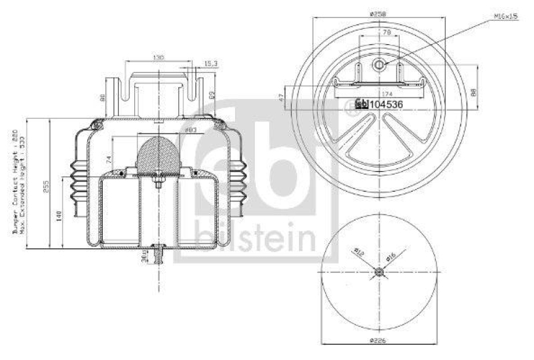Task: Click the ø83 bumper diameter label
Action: [172, 130]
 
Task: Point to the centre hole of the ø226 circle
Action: [379, 271]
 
